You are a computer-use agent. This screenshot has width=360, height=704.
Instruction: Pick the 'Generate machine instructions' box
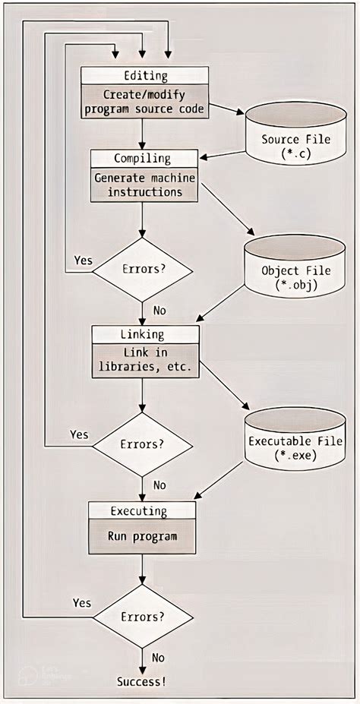(144, 185)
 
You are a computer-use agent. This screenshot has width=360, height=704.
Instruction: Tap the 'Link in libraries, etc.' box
(145, 361)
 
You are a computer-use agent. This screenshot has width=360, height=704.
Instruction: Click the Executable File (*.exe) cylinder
(295, 446)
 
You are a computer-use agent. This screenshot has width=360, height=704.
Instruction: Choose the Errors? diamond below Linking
(143, 443)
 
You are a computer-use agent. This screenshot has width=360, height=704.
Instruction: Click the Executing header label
(142, 510)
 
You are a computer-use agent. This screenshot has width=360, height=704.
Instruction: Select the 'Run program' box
(142, 536)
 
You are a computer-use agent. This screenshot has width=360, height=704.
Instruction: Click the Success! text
(141, 681)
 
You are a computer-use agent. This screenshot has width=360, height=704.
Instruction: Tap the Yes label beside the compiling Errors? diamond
(84, 260)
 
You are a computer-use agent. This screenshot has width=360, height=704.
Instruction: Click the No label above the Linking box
(160, 310)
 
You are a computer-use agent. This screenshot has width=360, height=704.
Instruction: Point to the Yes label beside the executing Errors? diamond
(82, 602)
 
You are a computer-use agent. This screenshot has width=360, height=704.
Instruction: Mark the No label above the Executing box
(160, 485)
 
